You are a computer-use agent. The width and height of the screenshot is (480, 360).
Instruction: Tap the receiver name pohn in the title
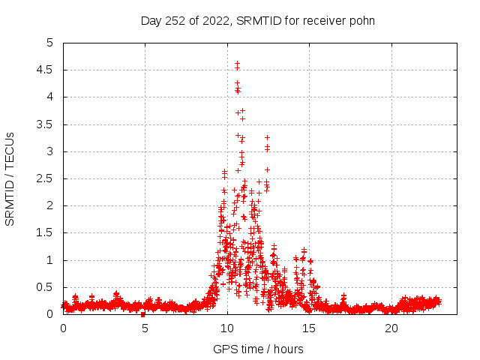pos(361,21)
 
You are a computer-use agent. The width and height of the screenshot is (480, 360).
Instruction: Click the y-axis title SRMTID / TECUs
pos(10,178)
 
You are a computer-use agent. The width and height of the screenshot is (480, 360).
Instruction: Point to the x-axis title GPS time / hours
pos(258,349)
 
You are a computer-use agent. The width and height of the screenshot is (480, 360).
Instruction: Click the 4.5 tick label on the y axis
pos(46,70)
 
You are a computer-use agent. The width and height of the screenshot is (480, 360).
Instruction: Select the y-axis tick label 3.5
pos(46,124)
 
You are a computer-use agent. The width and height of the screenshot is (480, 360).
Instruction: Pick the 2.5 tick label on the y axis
pos(46,178)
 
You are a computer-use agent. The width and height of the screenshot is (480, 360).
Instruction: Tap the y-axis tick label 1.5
pos(46,232)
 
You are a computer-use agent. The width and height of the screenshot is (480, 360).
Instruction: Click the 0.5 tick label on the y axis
pos(46,287)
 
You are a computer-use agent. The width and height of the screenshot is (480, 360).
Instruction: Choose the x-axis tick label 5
pos(145,328)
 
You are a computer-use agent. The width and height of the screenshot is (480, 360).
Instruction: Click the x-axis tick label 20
pos(391,328)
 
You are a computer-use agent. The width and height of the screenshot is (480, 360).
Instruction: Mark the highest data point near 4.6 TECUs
pos(237,64)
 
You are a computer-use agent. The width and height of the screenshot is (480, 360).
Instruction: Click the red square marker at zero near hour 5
pos(142,314)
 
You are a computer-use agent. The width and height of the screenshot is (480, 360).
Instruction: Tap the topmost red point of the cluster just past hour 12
pos(267,137)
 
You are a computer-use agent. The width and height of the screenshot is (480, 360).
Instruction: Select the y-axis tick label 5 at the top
pos(50,43)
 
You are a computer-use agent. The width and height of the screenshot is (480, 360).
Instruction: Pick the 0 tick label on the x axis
pos(63,328)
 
